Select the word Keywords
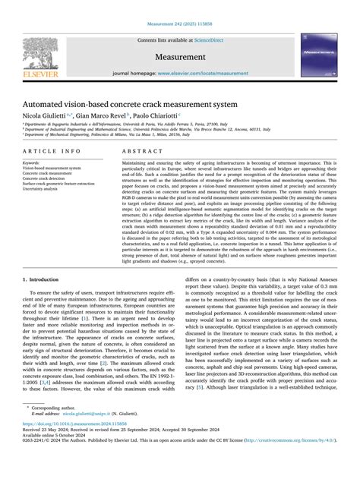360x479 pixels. (x=32, y=163)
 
